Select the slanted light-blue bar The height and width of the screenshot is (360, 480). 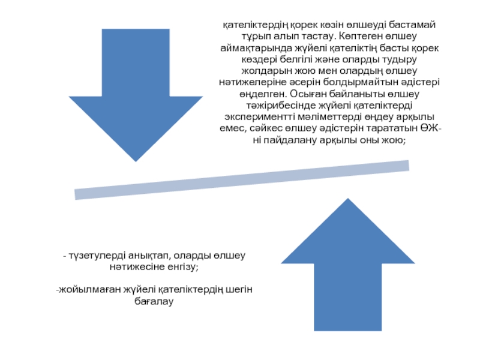click(242, 179)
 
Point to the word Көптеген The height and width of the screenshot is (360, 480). click(339, 37)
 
